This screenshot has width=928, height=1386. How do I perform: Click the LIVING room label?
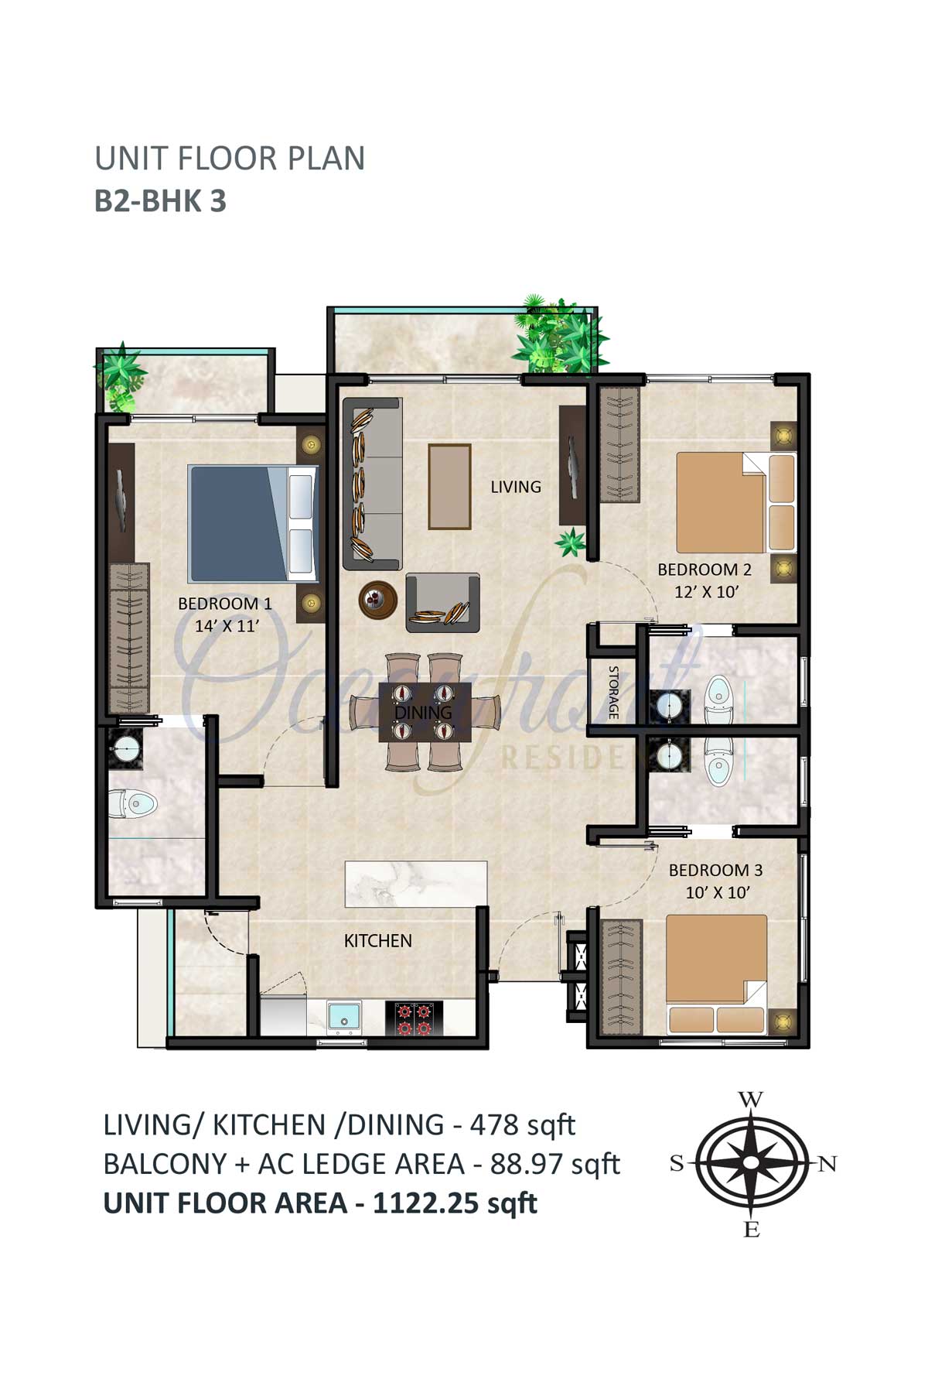(x=516, y=487)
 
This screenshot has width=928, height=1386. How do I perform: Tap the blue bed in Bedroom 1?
(x=254, y=523)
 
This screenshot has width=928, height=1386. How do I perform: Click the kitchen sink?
(x=343, y=1017)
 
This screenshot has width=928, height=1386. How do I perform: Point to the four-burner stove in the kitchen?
(x=414, y=1018)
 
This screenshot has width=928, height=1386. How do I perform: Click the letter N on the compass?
(x=827, y=1164)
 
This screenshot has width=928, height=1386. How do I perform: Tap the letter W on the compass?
(x=750, y=1100)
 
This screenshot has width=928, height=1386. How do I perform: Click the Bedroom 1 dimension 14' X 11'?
(x=226, y=626)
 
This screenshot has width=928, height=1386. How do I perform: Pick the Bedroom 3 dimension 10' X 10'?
(x=718, y=892)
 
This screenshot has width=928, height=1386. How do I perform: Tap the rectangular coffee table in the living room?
(x=449, y=487)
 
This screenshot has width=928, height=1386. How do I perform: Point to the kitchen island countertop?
(x=416, y=884)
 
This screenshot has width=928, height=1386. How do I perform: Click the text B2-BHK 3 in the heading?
(x=160, y=200)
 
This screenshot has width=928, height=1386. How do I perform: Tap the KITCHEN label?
(x=378, y=941)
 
